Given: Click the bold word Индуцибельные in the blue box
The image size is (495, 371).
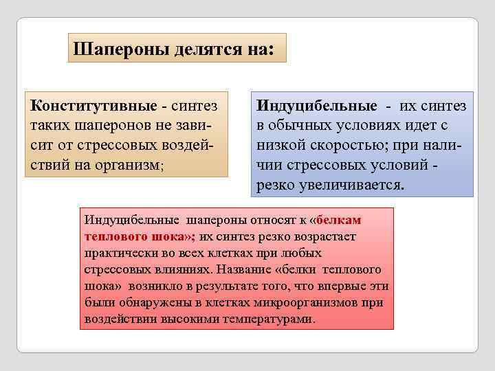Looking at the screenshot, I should coord(316,106).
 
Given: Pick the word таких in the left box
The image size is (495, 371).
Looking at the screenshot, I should coord(50,126).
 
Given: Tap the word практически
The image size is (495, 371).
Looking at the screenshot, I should coord(119,254).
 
